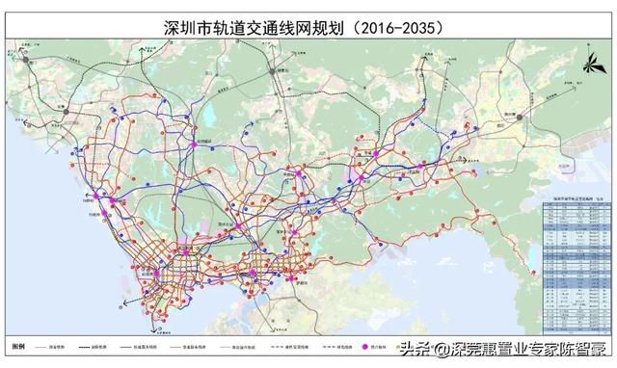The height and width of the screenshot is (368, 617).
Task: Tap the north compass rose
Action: click(589, 66)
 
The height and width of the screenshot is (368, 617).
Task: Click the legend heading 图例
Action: click(17, 344)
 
